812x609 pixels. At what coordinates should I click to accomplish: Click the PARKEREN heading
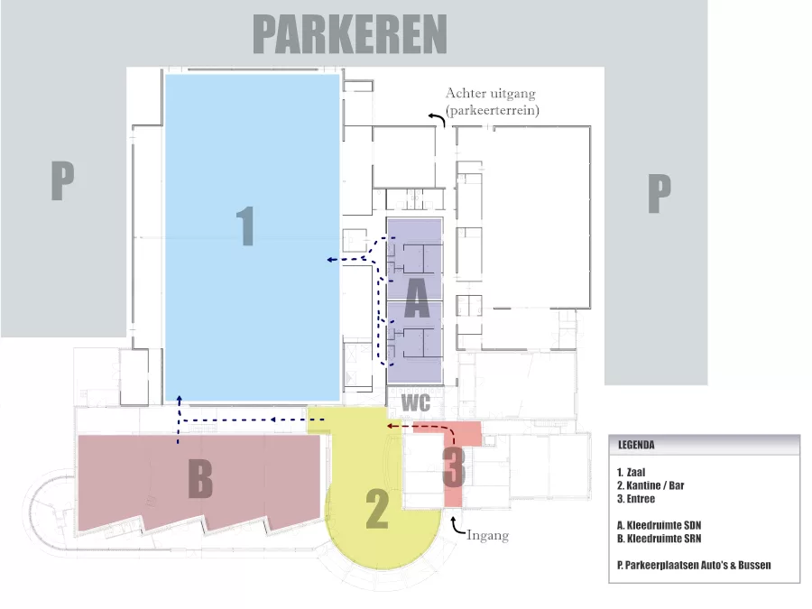(350, 34)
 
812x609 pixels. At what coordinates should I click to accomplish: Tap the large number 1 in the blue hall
(245, 226)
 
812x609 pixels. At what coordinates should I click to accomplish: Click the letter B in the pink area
(200, 478)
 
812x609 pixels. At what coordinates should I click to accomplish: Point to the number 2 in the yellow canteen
(377, 510)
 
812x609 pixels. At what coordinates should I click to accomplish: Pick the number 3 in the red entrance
(454, 467)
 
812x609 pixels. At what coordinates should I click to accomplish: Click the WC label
(416, 403)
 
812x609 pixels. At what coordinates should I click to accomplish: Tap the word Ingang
(487, 535)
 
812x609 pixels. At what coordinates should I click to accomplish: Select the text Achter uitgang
(491, 93)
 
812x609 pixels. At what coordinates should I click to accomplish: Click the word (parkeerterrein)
(492, 110)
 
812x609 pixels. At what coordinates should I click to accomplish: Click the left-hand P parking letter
(62, 180)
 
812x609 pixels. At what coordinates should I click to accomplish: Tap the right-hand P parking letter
(660, 193)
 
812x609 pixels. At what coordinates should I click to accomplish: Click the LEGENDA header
(636, 445)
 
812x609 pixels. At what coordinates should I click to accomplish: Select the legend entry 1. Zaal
(632, 472)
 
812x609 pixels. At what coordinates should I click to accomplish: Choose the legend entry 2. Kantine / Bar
(651, 485)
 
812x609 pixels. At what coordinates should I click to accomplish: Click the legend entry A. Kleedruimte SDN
(659, 525)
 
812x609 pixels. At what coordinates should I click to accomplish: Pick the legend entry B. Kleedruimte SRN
(659, 539)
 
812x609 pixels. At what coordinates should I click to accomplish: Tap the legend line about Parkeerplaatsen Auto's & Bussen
(694, 565)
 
